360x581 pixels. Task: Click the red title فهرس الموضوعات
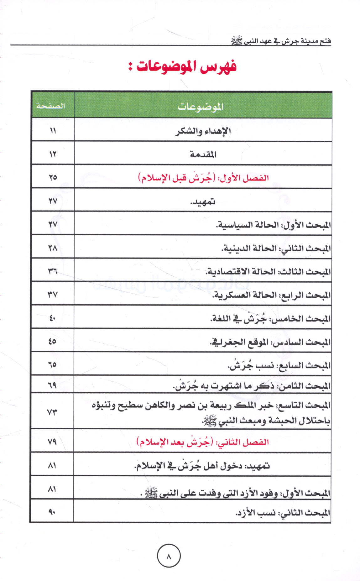coord(183,67)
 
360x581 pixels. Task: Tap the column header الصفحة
coord(50,106)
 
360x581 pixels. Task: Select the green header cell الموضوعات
coord(201,107)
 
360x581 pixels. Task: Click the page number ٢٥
coord(53,177)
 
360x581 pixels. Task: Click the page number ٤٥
coord(52,341)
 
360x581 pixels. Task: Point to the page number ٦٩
coord(52,385)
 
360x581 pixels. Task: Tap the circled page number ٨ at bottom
coord(169,556)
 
